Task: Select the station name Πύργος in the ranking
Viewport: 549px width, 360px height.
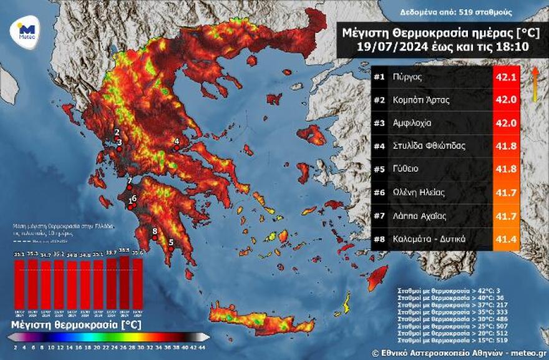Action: (x=408, y=77)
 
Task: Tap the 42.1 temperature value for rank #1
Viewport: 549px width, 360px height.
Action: (x=506, y=77)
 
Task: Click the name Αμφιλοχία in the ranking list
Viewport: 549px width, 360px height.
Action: (x=415, y=124)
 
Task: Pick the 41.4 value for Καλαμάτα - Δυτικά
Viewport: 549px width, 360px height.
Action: (x=506, y=239)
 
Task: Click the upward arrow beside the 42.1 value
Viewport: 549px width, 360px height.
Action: (x=535, y=84)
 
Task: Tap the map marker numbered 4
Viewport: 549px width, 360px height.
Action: (x=177, y=148)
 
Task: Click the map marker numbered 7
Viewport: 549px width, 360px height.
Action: (x=129, y=187)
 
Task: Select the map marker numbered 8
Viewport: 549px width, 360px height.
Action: (x=155, y=238)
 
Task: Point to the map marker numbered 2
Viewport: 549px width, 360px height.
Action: (x=117, y=139)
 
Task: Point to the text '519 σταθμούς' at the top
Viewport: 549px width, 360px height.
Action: (x=490, y=12)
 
